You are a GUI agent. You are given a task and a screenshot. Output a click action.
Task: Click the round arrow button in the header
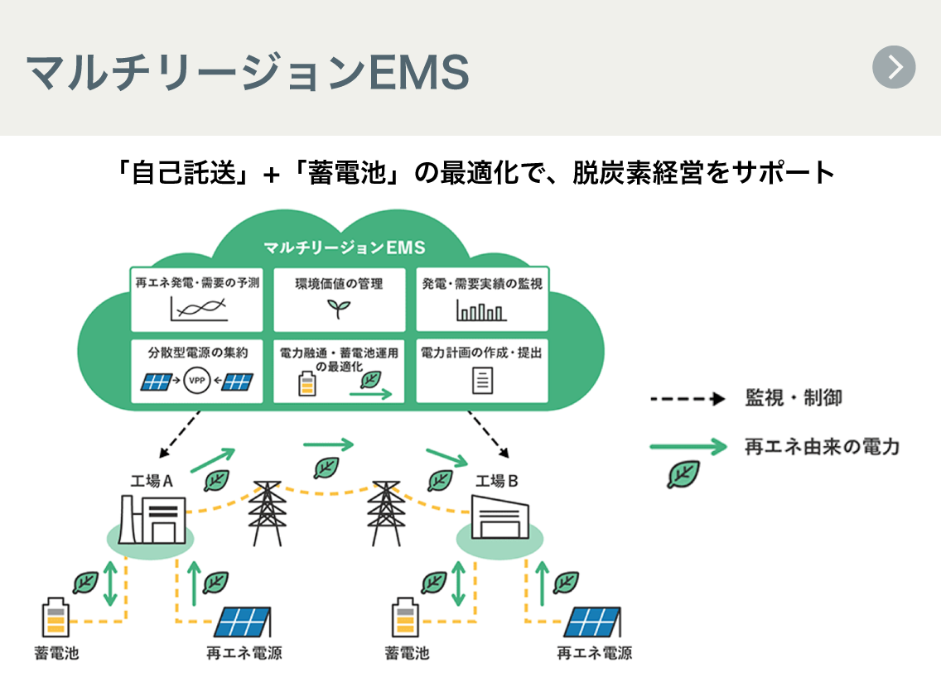pyautogui.click(x=894, y=67)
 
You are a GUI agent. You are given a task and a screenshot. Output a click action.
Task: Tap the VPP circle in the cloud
pyautogui.click(x=197, y=381)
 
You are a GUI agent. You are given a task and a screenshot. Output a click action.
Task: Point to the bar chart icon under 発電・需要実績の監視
pyautogui.click(x=480, y=310)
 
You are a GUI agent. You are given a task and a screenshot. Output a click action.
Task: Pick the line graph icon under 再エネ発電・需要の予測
pyautogui.click(x=198, y=310)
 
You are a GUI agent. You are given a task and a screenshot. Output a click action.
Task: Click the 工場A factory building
pyautogui.click(x=152, y=520)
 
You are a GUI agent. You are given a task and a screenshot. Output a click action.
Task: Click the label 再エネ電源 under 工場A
pyautogui.click(x=244, y=653)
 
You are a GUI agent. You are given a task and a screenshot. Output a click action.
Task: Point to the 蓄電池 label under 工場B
pyautogui.click(x=407, y=653)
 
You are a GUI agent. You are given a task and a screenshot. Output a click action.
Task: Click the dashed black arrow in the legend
pyautogui.click(x=688, y=399)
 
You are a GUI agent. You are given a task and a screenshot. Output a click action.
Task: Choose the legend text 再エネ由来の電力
pyautogui.click(x=822, y=448)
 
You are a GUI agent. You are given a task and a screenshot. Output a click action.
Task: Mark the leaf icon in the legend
pyautogui.click(x=684, y=475)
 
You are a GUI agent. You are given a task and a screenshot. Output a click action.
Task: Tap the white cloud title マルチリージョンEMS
pyautogui.click(x=344, y=247)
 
